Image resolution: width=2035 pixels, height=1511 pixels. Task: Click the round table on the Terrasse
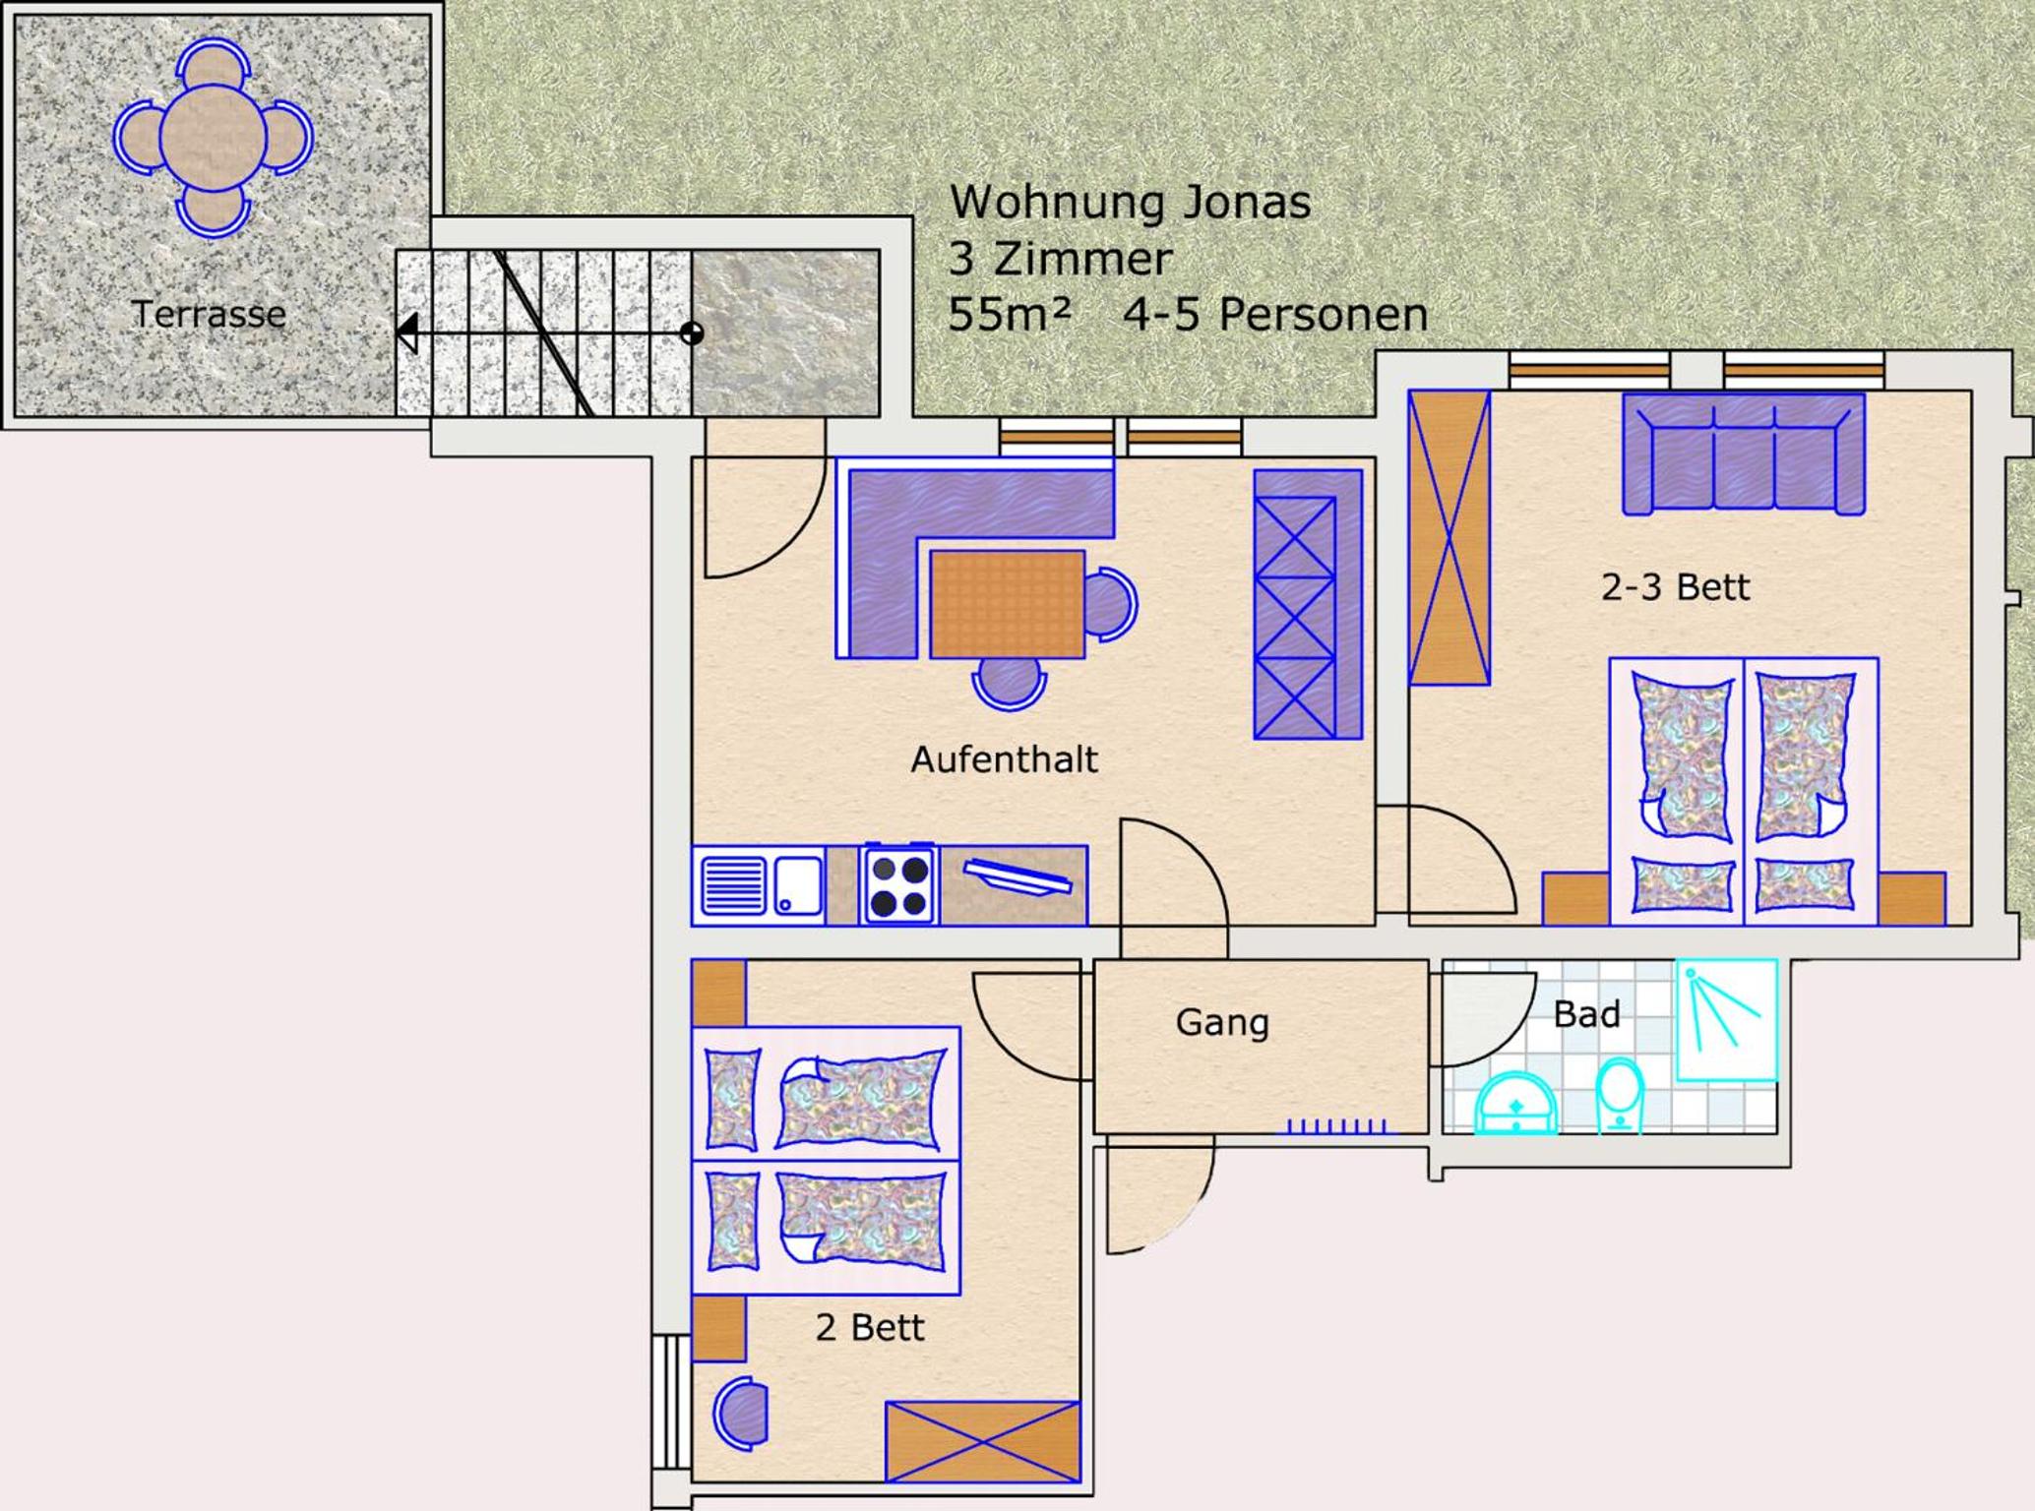pos(213,137)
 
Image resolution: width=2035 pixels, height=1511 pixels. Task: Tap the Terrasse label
pos(209,314)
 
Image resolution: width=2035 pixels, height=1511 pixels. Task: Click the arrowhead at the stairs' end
pos(406,332)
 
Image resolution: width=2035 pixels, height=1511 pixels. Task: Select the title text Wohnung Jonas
pos(1130,203)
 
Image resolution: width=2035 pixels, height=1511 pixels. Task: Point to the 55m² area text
pos(1009,315)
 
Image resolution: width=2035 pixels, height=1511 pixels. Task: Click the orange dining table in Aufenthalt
pos(1007,604)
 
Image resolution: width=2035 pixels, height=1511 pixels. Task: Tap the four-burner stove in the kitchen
pos(897,884)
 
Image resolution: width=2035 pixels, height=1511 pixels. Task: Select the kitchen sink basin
pos(798,885)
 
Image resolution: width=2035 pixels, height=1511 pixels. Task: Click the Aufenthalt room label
pos(1004,759)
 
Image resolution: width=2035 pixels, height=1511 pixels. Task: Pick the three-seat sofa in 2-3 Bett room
pos(1744,453)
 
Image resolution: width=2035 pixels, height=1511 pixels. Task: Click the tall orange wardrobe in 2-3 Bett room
pos(1449,537)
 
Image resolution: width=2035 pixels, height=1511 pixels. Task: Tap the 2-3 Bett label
pos(1675,587)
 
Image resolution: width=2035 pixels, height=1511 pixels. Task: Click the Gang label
pos(1222,1022)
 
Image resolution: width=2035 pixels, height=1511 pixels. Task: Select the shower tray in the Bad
pos(1727,1020)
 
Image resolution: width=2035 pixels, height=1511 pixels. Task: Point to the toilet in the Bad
pos(1620,1096)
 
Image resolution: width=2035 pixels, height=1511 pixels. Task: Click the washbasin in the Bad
pos(1515,1105)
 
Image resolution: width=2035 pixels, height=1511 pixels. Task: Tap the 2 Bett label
pos(870,1328)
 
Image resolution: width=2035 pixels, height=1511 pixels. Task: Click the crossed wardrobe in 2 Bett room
pos(982,1442)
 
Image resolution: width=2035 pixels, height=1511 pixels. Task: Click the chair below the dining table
pos(1009,683)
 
